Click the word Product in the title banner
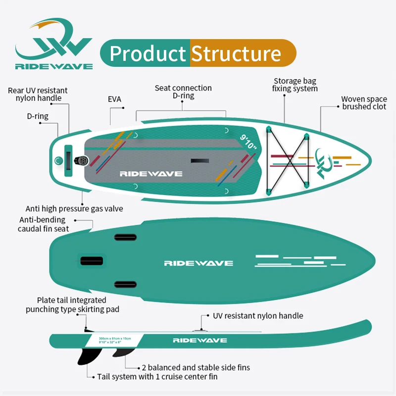[x=147, y=53]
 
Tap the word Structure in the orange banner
[x=236, y=53]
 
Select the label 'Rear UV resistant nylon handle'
[x=38, y=94]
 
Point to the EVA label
[x=114, y=99]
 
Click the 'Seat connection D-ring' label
[x=183, y=92]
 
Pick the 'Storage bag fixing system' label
[x=295, y=85]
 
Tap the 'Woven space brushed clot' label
[x=364, y=102]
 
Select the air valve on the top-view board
[x=82, y=161]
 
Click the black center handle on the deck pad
[x=200, y=161]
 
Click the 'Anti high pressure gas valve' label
[x=74, y=208]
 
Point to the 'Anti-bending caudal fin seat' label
[x=44, y=224]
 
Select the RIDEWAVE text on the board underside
[x=198, y=263]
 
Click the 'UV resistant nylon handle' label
[x=257, y=315]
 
